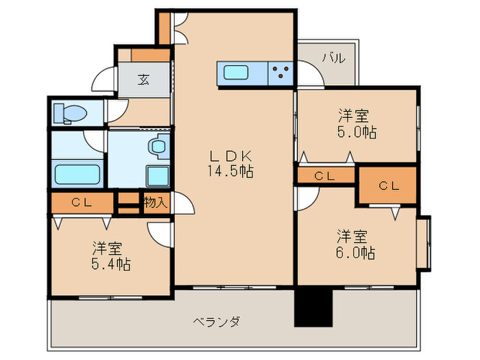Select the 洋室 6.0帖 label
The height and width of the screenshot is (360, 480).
[355, 245]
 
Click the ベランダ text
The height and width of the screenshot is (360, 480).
[215, 321]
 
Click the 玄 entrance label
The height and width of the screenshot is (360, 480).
[143, 80]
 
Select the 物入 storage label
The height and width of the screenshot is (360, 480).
[155, 202]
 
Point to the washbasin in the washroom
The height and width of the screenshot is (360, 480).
[159, 145]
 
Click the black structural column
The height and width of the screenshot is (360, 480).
[313, 307]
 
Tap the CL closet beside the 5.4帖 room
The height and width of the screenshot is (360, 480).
[82, 202]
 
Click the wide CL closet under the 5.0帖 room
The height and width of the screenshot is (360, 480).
[325, 176]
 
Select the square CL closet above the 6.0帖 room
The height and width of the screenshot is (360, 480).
[388, 185]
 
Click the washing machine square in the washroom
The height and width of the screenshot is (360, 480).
[158, 176]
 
